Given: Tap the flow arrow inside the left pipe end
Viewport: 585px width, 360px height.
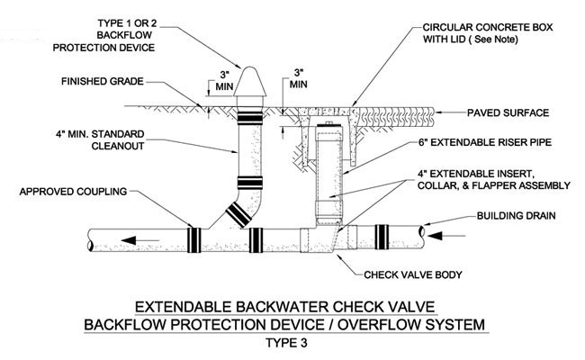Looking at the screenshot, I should pos(136,240).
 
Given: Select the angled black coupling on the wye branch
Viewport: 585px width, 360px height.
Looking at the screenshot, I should pos(238,212).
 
